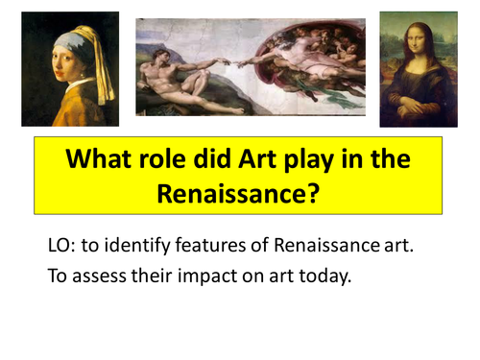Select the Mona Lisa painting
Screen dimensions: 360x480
(x=418, y=68)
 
